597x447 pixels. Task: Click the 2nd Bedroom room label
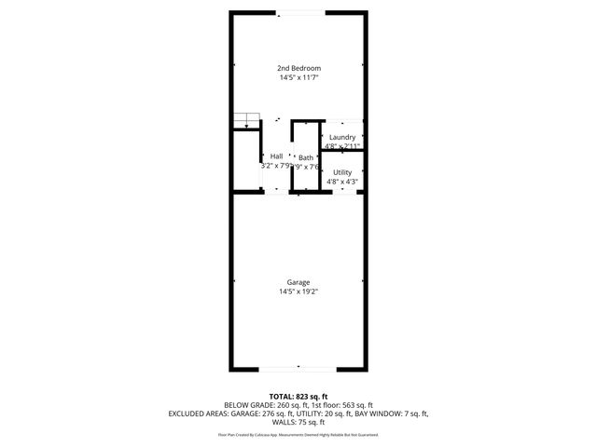298,69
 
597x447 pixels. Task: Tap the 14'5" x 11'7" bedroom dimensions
298,78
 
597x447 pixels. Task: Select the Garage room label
298,283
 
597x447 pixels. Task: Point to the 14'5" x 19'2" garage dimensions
298,292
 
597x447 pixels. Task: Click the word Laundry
342,137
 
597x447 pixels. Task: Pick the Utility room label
342,172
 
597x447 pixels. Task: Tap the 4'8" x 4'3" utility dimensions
342,182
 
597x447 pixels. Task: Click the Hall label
277,156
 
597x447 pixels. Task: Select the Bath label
306,157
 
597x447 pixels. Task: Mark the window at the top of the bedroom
298,12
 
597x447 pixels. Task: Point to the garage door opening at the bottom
298,369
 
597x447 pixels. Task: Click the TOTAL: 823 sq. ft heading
298,397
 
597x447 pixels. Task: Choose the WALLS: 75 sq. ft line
298,422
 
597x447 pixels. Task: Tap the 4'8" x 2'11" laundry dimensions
342,146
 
